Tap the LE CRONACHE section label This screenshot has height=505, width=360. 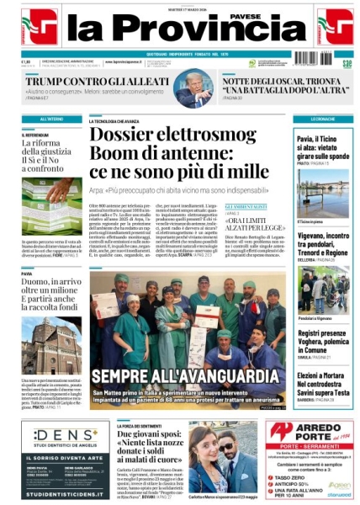click(323, 120)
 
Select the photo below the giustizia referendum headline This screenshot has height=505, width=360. click(51, 196)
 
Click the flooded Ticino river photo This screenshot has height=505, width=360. click(323, 193)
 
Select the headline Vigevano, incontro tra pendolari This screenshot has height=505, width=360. click(323, 244)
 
